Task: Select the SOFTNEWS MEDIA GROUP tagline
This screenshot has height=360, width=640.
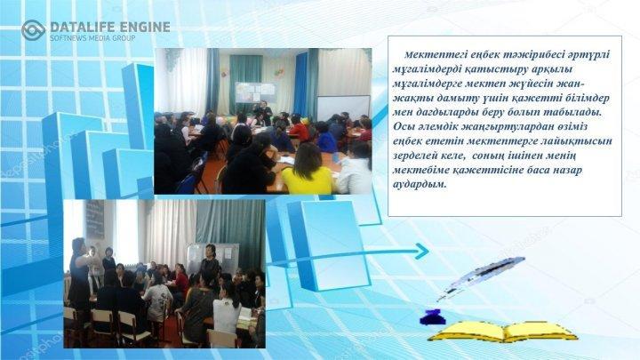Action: coord(92,38)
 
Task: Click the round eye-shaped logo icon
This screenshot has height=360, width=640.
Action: coord(33,30)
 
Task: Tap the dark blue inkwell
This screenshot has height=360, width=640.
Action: coord(432,317)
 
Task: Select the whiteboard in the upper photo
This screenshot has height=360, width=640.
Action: coord(343,108)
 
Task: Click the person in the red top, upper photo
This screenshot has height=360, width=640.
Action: coord(299,129)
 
